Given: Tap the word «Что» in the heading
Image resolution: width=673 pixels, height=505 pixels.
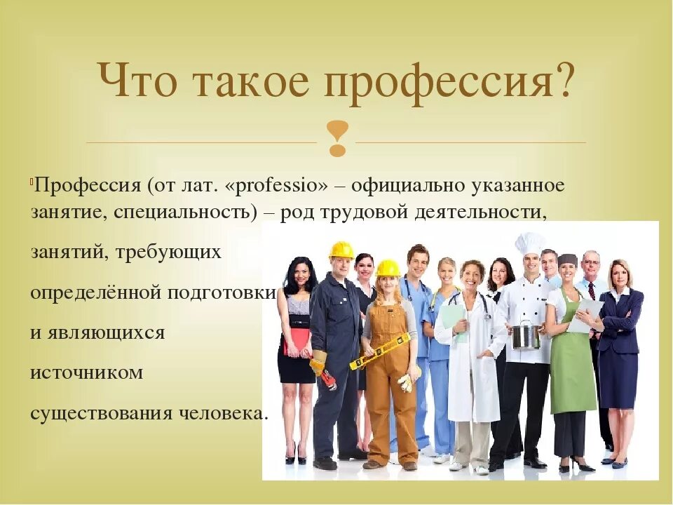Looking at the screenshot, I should (x=134, y=81).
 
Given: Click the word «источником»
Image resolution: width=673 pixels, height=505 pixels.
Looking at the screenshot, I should (x=86, y=372).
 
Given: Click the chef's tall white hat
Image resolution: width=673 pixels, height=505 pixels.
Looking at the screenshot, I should (x=530, y=243).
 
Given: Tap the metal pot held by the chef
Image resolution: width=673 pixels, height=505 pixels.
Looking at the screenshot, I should (x=526, y=335).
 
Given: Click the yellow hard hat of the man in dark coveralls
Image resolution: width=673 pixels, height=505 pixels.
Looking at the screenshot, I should (x=342, y=250).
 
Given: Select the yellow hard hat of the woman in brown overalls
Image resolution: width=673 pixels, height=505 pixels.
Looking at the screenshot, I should (x=387, y=268).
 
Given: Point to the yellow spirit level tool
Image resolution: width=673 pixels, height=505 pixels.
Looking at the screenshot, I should (x=379, y=351).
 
